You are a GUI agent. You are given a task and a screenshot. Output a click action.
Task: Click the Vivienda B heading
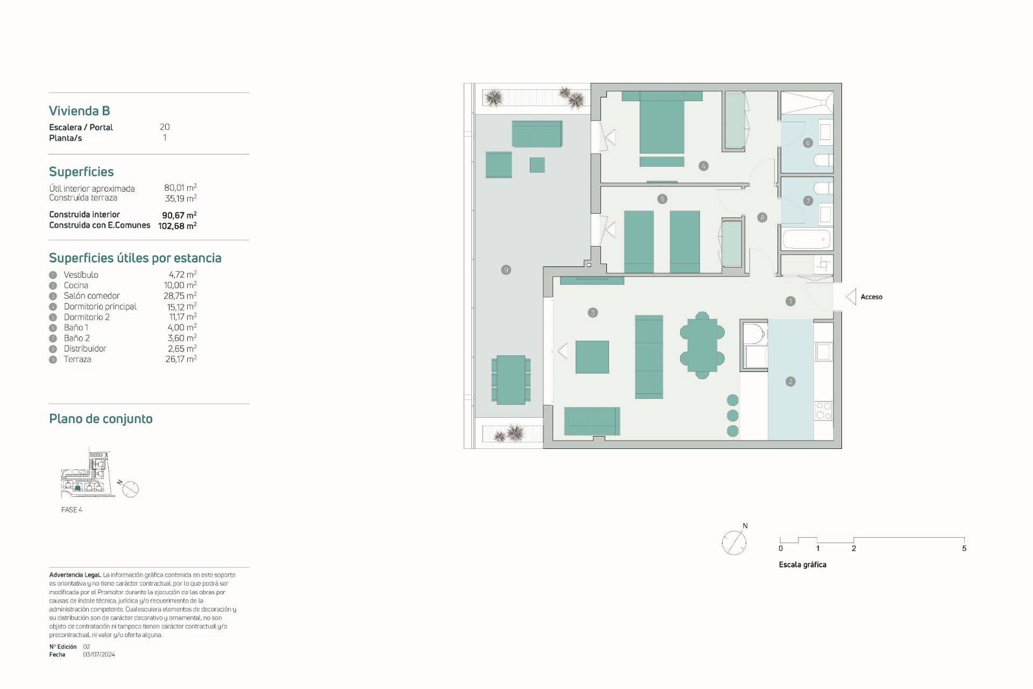click(x=80, y=111)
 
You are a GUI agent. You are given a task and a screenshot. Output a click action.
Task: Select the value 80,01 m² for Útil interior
click(x=180, y=187)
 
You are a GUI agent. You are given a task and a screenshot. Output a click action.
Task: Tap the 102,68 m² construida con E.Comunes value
click(x=177, y=226)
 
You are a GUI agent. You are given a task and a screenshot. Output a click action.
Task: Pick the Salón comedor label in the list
click(x=91, y=296)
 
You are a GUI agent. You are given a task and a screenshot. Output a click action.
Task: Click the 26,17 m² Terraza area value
click(x=181, y=359)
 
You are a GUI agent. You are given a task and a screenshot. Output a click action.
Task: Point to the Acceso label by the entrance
click(x=871, y=297)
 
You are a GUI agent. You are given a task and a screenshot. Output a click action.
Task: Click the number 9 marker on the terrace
click(x=506, y=270)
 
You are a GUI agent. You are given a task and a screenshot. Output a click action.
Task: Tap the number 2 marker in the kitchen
click(x=790, y=382)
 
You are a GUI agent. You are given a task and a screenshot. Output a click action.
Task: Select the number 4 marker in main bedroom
click(x=703, y=166)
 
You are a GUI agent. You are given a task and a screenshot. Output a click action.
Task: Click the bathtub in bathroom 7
click(x=806, y=239)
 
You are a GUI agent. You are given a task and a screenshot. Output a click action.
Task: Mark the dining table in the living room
click(x=702, y=345)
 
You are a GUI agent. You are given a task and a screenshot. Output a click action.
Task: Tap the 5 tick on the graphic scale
click(x=964, y=549)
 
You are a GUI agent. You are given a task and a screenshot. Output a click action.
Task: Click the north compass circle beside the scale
click(x=734, y=543)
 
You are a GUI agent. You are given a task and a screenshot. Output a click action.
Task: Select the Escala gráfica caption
click(x=802, y=565)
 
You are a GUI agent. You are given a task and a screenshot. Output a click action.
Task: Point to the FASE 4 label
click(x=72, y=510)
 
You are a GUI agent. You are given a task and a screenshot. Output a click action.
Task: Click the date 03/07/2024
click(x=99, y=655)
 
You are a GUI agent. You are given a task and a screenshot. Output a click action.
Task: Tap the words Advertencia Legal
click(x=75, y=575)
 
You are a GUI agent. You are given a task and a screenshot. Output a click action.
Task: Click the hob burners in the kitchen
click(x=823, y=411)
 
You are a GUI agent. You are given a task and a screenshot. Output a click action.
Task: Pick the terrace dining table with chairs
click(x=511, y=379)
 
